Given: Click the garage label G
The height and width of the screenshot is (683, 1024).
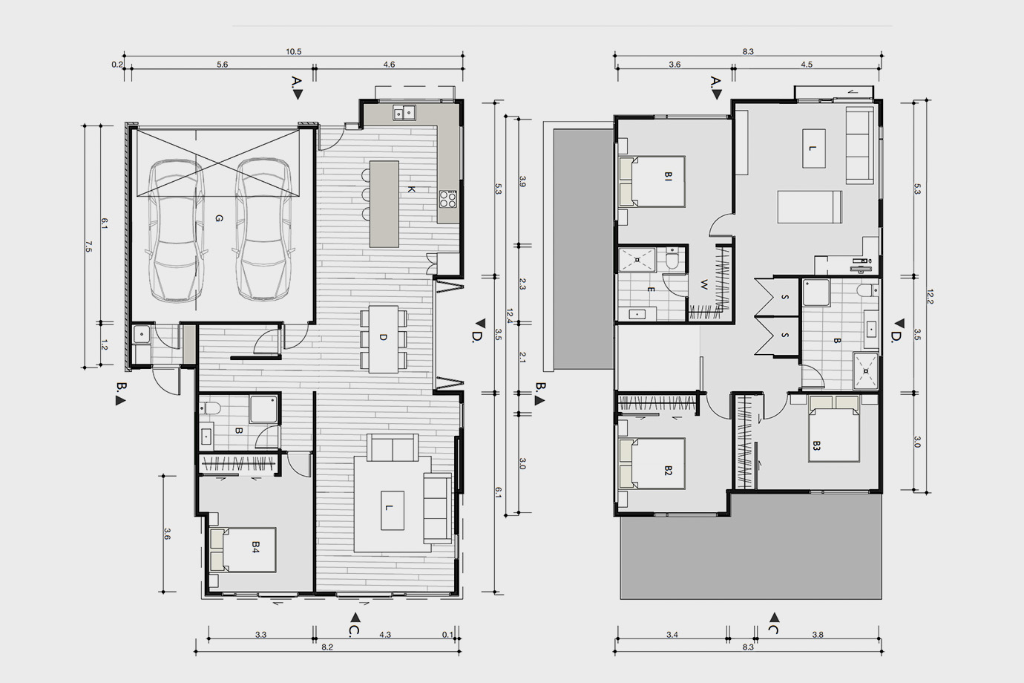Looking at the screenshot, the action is (x=219, y=219).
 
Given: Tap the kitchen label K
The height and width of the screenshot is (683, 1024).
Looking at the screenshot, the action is (x=411, y=189).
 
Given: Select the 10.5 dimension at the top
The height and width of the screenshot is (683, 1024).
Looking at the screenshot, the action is (x=294, y=52).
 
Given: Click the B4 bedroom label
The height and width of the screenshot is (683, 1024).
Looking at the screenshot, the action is (x=255, y=547).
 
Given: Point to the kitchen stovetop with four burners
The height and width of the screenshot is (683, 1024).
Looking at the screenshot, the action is (x=448, y=199).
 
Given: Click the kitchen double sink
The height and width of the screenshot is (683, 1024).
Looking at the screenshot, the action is (x=404, y=112).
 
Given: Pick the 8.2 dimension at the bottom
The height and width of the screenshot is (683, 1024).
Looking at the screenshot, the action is (x=327, y=647).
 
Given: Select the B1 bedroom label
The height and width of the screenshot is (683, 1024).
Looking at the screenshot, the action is (x=668, y=177).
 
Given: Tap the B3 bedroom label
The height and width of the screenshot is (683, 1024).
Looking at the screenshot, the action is (x=816, y=445).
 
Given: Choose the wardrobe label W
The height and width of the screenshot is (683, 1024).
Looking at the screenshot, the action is (x=704, y=285).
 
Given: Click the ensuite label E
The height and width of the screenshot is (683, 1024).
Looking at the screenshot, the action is (x=651, y=290).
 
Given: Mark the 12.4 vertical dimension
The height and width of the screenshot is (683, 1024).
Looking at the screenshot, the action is (x=509, y=315).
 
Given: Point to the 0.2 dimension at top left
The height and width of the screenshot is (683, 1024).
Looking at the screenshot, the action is (x=117, y=65).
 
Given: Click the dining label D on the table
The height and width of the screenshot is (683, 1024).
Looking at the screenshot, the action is (x=383, y=338).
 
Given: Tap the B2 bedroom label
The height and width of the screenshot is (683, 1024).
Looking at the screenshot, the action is (x=668, y=471).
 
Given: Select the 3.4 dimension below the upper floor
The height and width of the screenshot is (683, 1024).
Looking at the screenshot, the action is (x=672, y=635).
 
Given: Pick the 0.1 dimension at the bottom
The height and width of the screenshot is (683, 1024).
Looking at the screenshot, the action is (x=447, y=635).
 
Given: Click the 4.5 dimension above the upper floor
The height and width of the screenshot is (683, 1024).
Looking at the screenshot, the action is (x=807, y=65).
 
